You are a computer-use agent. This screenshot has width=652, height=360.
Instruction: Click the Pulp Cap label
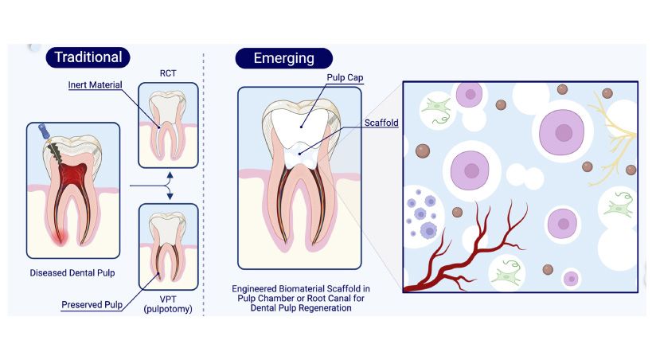point(345,76)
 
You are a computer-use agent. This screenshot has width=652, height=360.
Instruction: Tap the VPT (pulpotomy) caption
point(167,303)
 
